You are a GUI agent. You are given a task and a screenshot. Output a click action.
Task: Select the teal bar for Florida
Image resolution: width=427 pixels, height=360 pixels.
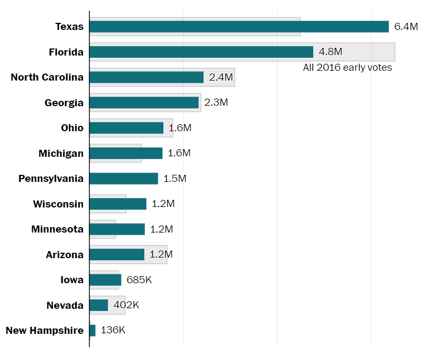coord(201,52)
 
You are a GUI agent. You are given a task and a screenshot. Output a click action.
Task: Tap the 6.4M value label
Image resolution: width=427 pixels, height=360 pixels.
coord(406,27)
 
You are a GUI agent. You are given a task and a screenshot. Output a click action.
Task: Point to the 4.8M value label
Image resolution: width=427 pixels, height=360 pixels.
coord(330,52)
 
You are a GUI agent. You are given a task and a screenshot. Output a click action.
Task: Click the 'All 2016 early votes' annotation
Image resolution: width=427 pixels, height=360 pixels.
coord(347,68)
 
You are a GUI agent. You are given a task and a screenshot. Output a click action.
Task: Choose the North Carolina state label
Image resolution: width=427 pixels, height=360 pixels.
coord(47,77)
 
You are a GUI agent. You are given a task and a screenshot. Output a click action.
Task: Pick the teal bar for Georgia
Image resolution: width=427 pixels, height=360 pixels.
coord(144,102)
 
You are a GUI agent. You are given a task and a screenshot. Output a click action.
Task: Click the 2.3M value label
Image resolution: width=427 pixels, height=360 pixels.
coord(216,102)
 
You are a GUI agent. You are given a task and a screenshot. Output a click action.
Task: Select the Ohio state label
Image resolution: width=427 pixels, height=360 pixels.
coord(72,128)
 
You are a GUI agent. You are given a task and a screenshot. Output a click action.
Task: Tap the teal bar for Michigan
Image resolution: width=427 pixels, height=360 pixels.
coord(126,153)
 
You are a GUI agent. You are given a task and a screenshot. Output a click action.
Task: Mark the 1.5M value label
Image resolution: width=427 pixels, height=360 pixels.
coord(175,179)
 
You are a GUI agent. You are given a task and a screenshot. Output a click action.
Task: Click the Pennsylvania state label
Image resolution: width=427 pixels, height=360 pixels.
coord(51,179)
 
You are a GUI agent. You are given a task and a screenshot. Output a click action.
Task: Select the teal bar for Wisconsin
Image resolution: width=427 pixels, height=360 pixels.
coord(118,204)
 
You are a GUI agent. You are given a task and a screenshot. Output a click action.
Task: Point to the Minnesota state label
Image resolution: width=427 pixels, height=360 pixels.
coord(58,229)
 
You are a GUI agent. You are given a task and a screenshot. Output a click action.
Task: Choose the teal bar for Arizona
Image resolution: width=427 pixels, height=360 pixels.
coord(117,254)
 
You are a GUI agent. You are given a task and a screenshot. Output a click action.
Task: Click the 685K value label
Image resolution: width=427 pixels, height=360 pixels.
coord(139,280)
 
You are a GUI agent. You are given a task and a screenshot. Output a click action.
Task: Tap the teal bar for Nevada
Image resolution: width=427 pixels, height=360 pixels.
coord(99,305)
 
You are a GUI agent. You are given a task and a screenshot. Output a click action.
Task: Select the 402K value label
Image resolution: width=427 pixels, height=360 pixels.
coord(126,305)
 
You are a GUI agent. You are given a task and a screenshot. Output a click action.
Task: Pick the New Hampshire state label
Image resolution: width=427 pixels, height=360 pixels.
coord(45,331)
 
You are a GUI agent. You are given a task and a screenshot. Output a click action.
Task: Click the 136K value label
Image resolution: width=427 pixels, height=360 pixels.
coord(113,331)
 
